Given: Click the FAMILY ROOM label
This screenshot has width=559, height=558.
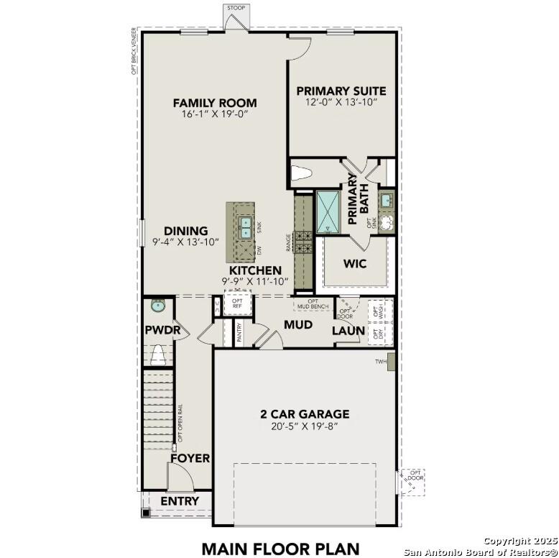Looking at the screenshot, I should click(x=214, y=103).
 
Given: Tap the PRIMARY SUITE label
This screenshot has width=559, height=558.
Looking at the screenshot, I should click(x=341, y=91).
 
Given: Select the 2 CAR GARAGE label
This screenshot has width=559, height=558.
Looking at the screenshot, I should click(x=305, y=413).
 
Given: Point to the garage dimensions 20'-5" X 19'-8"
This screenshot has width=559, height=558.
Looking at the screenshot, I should click(x=305, y=426).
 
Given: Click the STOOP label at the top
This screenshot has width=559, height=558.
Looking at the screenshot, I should click(x=236, y=8).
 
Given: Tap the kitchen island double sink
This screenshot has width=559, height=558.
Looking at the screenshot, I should click(x=244, y=227).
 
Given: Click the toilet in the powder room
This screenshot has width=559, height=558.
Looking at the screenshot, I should click(x=157, y=355).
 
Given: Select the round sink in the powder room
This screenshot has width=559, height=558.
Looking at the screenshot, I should click(x=157, y=306).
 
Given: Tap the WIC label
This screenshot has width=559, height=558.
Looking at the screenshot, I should click(x=355, y=263).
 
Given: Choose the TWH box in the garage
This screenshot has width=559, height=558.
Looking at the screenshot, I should click(x=391, y=361).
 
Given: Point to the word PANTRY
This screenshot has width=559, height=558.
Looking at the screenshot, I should click(x=239, y=331).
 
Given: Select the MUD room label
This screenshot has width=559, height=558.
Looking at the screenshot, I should click(x=297, y=325).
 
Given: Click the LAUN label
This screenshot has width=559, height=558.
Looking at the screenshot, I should click(x=347, y=331).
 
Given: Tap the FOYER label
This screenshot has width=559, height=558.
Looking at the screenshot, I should click(x=190, y=458).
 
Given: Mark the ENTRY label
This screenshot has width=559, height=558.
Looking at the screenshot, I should click(x=180, y=500).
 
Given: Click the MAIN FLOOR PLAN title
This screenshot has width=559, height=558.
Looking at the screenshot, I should click(x=279, y=548).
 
